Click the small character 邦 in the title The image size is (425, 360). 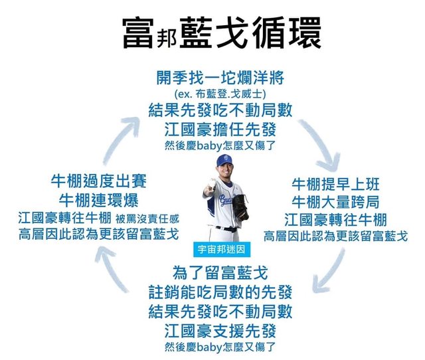coord(167,37)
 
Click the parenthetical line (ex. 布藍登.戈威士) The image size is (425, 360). coord(219,94)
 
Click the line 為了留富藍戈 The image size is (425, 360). coord(219,272)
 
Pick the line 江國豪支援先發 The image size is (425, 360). coord(219,329)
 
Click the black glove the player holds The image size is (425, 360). coord(240,207)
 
